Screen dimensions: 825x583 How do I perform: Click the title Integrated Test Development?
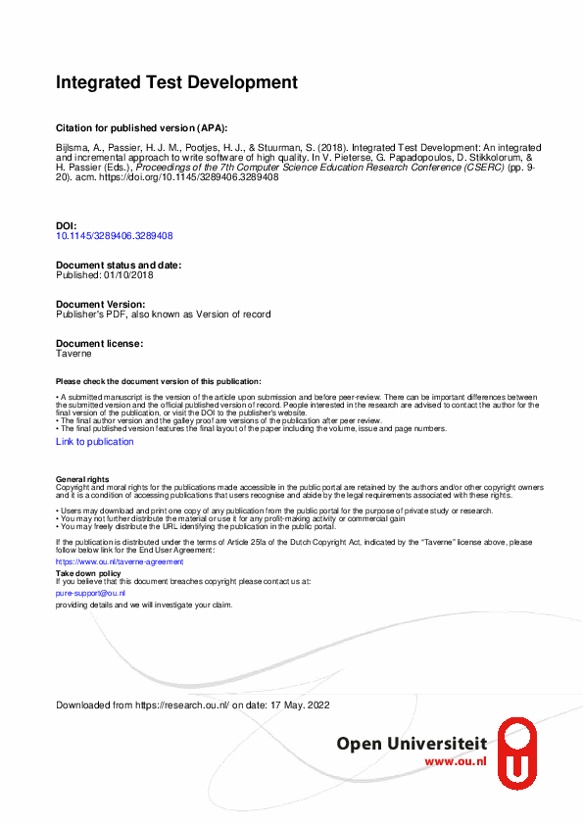coord(176,83)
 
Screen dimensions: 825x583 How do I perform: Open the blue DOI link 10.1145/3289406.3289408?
coord(115,235)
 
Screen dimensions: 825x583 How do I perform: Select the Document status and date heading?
coord(119,266)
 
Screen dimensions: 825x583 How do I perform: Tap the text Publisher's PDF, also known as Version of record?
coord(163,315)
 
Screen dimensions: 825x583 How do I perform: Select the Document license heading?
coord(99,344)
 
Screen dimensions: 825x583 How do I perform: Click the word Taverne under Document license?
coord(73,354)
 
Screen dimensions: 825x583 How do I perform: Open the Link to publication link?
coord(95,442)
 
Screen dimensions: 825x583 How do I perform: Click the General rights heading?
coord(82,479)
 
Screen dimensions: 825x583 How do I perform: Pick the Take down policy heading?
coord(88,573)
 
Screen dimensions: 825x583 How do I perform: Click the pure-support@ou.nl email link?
coord(90,593)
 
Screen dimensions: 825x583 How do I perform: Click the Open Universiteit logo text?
coord(412,745)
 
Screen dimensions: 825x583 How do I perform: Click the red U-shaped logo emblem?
coord(517,752)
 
